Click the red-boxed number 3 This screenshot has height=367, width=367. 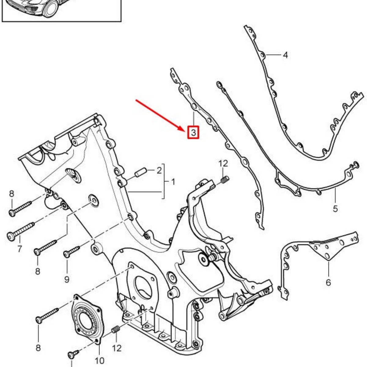click(x=193, y=132)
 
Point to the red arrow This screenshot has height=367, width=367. click(x=160, y=115)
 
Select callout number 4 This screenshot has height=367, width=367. click(x=285, y=55)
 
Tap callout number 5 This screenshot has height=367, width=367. click(x=335, y=208)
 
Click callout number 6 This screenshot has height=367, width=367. click(x=328, y=282)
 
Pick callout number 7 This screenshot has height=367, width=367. click(x=20, y=249)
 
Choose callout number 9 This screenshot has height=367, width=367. click(x=67, y=280)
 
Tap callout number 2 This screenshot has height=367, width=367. click(x=159, y=170)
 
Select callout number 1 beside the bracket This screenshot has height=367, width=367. click(x=173, y=182)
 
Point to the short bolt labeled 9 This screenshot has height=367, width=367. click(x=72, y=252)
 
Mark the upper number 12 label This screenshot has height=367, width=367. click(x=223, y=163)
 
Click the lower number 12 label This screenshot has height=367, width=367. click(x=117, y=348)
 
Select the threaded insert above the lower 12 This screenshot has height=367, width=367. click(x=115, y=329)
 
